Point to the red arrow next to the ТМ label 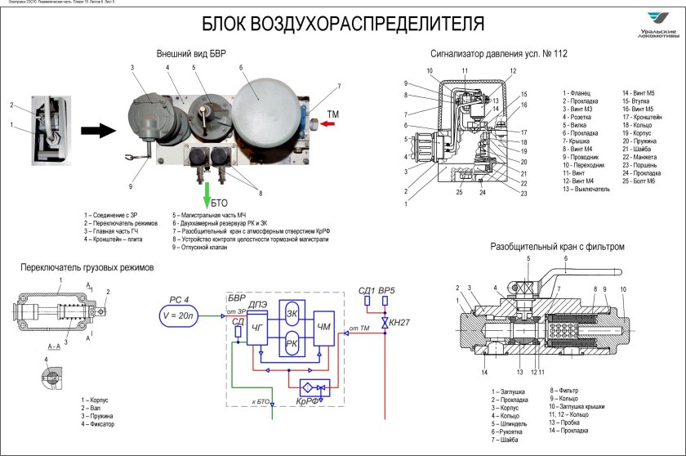pos(329,124)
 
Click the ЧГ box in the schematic pos(258,328)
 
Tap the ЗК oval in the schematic pos(291,313)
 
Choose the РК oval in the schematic pos(291,344)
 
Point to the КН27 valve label pos(399,324)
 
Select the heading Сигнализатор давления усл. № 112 pos(499,54)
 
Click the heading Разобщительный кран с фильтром pos(557,246)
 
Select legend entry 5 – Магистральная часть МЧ pos(209,215)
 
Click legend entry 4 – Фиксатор pos(98,424)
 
